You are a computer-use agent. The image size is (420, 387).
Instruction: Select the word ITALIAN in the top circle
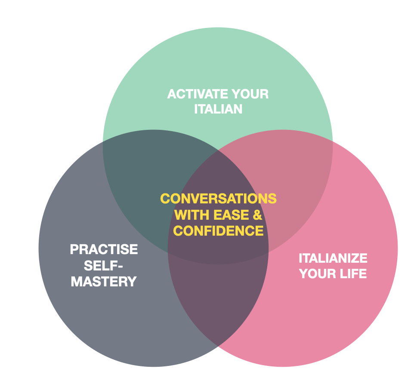pyautogui.click(x=218, y=109)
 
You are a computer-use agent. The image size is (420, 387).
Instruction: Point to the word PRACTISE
pyautogui.click(x=104, y=249)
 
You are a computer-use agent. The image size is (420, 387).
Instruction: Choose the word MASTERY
pyautogui.click(x=104, y=282)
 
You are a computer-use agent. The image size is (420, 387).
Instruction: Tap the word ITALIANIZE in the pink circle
pyautogui.click(x=333, y=258)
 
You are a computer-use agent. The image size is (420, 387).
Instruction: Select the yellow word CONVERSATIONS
pyautogui.click(x=218, y=199)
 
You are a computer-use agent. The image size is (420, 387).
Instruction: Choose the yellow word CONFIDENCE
pyautogui.click(x=218, y=230)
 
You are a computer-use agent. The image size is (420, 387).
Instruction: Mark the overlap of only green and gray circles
pyautogui.click(x=142, y=181)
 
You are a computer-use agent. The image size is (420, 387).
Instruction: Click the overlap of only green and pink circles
pyautogui.click(x=293, y=181)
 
